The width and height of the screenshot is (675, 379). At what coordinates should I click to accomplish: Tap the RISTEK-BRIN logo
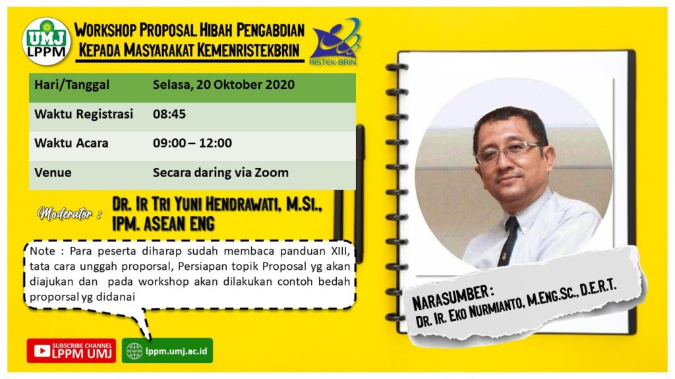(335, 41)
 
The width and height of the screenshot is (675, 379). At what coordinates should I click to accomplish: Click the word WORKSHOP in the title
(105, 30)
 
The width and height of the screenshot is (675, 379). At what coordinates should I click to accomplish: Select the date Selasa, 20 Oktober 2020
(223, 85)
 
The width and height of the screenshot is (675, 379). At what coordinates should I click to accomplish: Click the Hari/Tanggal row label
(72, 85)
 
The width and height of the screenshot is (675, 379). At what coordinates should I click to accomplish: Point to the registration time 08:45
(169, 114)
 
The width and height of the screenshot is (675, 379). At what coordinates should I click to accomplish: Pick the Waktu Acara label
(71, 143)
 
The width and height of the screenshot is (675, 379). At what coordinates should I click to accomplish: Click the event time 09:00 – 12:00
(192, 143)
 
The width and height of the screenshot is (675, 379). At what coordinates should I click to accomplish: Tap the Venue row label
(53, 172)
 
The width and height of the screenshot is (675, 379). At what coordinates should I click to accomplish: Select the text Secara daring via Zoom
(221, 172)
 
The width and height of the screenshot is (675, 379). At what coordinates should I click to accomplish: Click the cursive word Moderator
(65, 213)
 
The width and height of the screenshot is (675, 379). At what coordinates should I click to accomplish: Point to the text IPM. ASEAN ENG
(163, 224)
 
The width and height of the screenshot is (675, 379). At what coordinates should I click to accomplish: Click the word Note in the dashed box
(43, 251)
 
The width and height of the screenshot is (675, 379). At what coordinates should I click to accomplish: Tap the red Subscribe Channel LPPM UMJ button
(71, 351)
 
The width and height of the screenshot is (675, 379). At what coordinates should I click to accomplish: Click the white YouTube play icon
(42, 351)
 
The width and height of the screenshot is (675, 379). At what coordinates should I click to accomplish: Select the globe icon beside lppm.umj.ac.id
(134, 351)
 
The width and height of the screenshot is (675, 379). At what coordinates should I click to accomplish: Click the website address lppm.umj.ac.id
(177, 351)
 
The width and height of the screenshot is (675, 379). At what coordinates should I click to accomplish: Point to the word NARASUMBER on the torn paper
(450, 297)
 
